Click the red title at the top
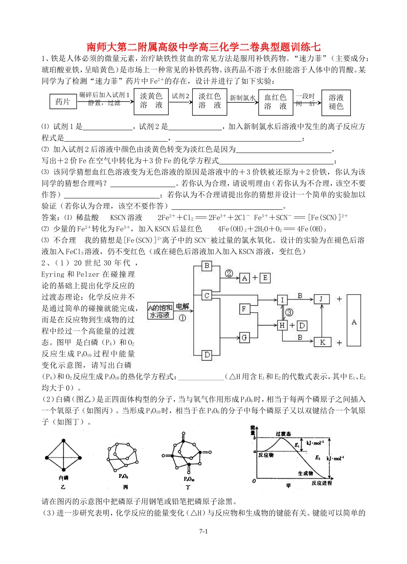pyautogui.click(x=203, y=47)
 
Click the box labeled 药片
pyautogui.click(x=63, y=101)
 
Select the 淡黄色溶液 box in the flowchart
pyautogui.click(x=151, y=101)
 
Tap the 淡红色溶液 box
pyautogui.click(x=209, y=101)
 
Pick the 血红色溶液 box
pyautogui.click(x=275, y=102)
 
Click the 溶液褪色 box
pyautogui.click(x=336, y=102)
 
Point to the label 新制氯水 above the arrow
pyautogui.click(x=242, y=98)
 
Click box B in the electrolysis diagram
pyautogui.click(x=207, y=266)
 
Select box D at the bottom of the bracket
pyautogui.click(x=207, y=355)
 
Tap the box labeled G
pyautogui.click(x=244, y=337)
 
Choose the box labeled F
pyautogui.click(x=244, y=309)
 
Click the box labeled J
pyautogui.click(x=322, y=299)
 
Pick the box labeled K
pyautogui.click(x=322, y=342)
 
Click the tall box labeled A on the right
pyautogui.click(x=354, y=320)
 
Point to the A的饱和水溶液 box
pyautogui.click(x=160, y=311)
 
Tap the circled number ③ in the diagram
pyautogui.click(x=289, y=313)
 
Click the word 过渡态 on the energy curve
pyautogui.click(x=283, y=434)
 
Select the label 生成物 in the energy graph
pyautogui.click(x=305, y=473)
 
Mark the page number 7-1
pyautogui.click(x=203, y=531)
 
